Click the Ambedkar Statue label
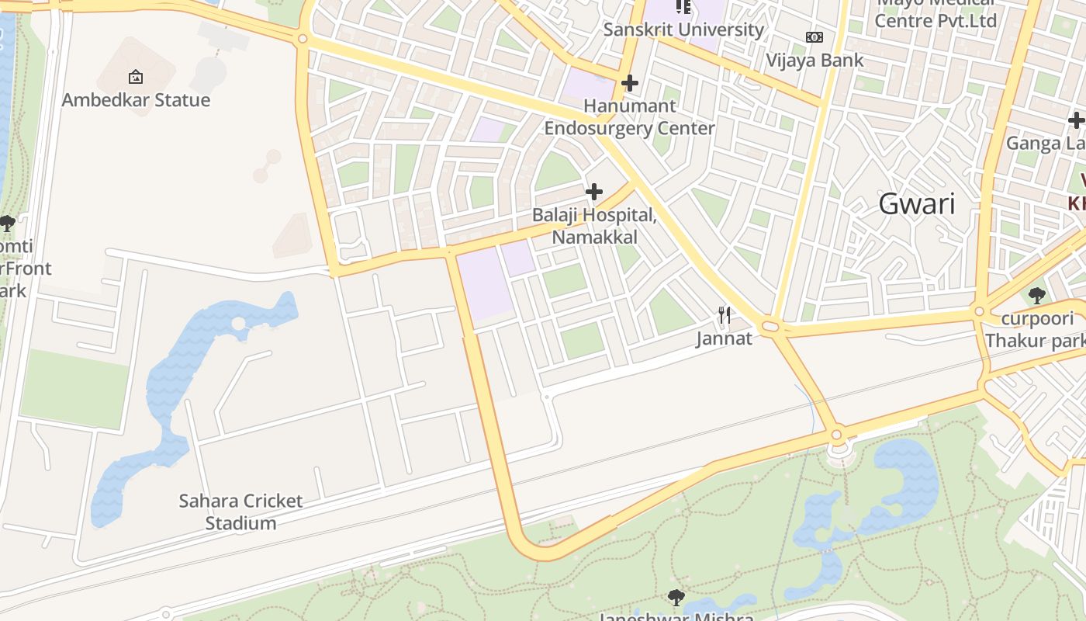(136, 100)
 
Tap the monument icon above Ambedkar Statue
(136, 77)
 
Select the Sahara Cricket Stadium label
(240, 512)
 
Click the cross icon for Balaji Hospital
(594, 191)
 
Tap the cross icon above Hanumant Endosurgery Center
(630, 82)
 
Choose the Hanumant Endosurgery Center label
(629, 116)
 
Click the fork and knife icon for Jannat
(725, 314)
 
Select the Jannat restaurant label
(724, 338)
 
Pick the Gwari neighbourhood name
(917, 204)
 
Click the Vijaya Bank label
(814, 60)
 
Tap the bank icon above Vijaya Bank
(814, 37)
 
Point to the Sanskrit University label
(683, 29)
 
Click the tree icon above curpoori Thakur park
(1036, 295)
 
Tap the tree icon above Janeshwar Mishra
(676, 597)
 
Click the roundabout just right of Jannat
(770, 327)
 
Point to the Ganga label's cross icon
(1075, 120)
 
